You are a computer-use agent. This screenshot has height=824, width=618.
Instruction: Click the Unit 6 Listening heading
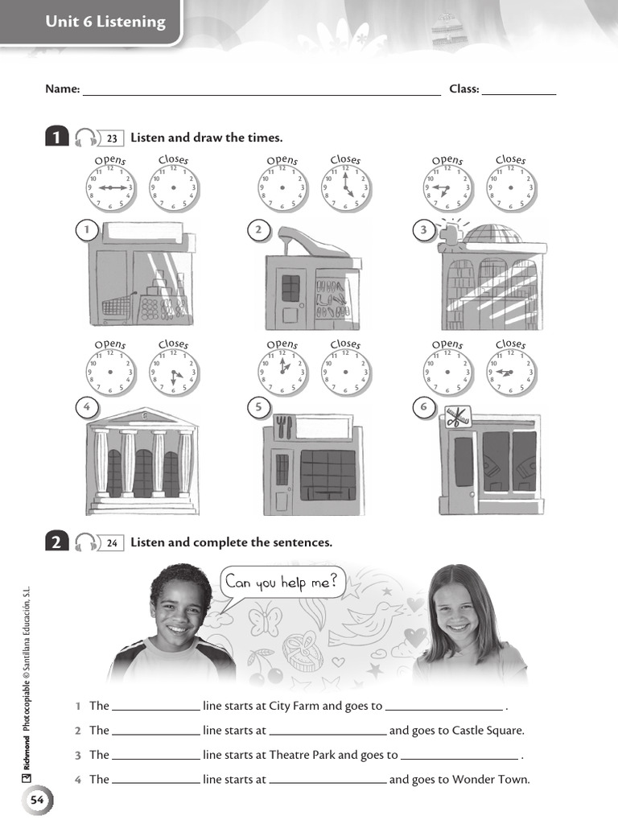coord(105,23)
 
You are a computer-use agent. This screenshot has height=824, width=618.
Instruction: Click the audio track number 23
coord(112,138)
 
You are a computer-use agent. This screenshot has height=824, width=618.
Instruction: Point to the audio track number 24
coord(112,543)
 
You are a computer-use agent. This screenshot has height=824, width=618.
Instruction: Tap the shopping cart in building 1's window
coord(117,307)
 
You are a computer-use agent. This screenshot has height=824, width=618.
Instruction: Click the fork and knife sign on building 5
coord(282,426)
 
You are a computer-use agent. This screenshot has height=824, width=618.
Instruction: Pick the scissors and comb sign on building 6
coord(456,417)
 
